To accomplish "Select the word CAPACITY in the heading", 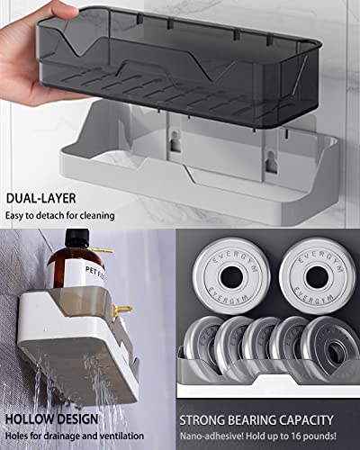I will click(x=302, y=419).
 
